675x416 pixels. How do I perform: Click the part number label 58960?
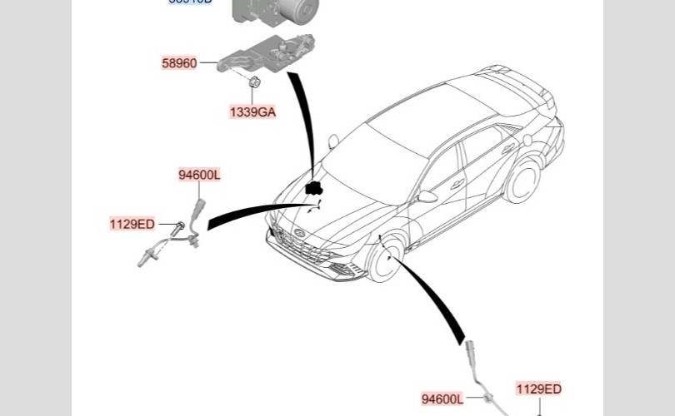point(179,62)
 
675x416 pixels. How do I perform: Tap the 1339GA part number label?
point(252,111)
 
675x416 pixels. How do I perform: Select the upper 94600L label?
point(199,175)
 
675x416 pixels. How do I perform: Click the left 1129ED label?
point(132,224)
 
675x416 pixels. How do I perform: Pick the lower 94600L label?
point(442,399)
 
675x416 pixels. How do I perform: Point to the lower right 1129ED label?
point(538,389)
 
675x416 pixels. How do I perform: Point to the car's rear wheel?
point(523,181)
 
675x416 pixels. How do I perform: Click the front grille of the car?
point(300,241)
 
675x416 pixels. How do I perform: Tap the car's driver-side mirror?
point(427,197)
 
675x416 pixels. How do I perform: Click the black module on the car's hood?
point(314,188)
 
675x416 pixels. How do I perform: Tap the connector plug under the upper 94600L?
point(199,206)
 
